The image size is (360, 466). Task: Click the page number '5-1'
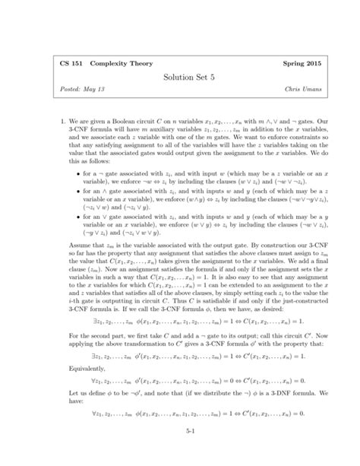pos(180,451)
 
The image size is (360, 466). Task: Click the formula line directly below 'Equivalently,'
pos(180,388)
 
